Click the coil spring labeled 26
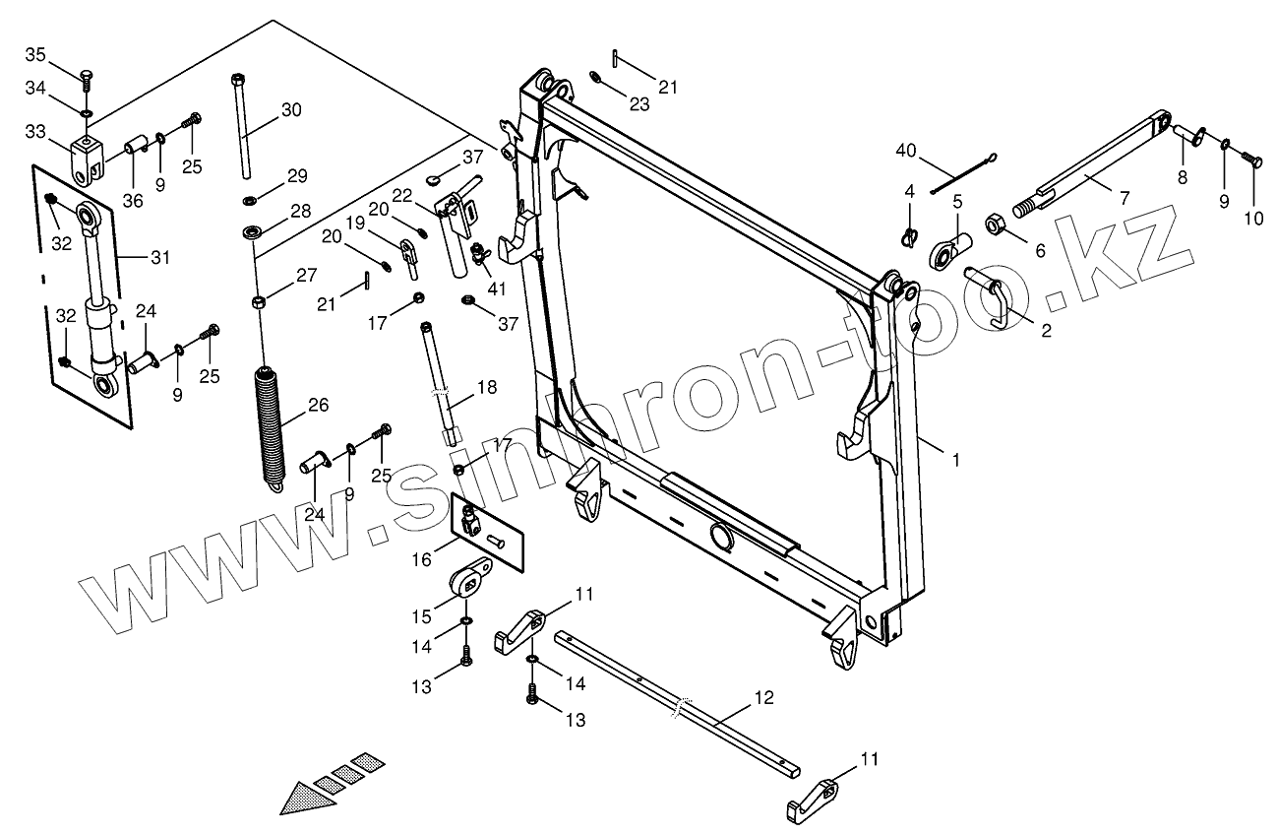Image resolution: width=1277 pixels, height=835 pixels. (x=269, y=423)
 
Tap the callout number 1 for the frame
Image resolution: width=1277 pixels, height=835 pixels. (x=954, y=459)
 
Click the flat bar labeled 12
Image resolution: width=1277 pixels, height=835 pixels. (x=679, y=699)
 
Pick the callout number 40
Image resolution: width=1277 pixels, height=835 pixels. (x=906, y=151)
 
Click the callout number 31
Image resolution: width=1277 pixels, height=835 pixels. (x=160, y=257)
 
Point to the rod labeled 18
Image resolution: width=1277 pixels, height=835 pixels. (x=440, y=379)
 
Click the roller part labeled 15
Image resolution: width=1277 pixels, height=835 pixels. (x=470, y=580)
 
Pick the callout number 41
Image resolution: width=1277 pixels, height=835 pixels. (x=497, y=289)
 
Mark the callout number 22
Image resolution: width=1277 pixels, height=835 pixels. (x=429, y=195)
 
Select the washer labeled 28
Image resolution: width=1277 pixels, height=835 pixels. (x=253, y=233)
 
